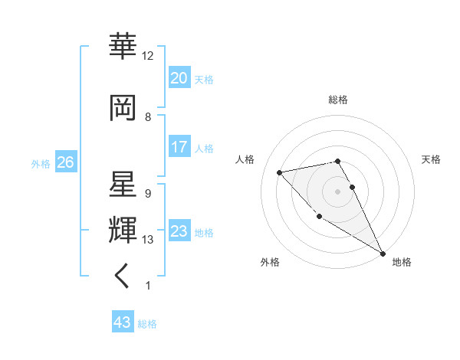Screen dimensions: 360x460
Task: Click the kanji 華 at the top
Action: pos(123,47)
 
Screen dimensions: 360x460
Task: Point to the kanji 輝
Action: pos(123,229)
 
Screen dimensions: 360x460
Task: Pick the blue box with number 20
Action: pos(179,78)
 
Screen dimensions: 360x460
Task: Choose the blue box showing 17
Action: pos(179,147)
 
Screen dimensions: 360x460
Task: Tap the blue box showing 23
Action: pos(179,231)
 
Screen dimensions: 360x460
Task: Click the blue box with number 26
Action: pos(65,162)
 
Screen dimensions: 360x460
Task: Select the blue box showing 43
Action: pos(123,322)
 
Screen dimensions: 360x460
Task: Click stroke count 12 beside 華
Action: pos(148,56)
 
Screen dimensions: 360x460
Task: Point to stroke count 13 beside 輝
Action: pos(148,240)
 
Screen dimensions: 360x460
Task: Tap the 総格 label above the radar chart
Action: pos(337,100)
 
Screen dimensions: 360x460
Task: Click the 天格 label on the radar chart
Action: pos(431,159)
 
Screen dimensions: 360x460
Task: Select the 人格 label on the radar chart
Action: pos(245,159)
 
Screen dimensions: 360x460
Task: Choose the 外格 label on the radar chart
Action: pos(270,262)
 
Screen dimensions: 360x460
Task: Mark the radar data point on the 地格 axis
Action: pos(383,254)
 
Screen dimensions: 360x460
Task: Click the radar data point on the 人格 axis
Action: pos(280,172)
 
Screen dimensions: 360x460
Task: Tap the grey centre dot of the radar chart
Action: pos(337,191)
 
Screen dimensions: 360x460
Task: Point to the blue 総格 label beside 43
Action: pos(147,324)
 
